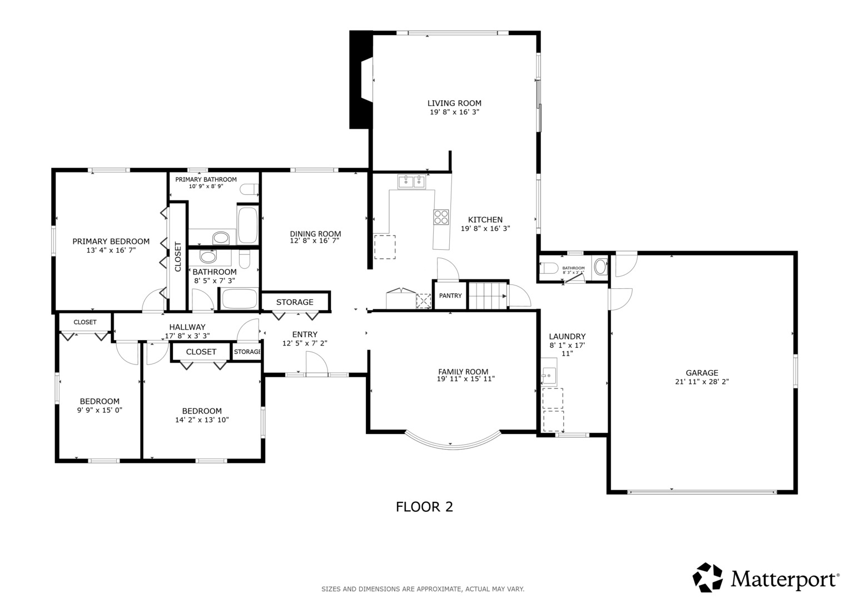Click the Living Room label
pos(454,103)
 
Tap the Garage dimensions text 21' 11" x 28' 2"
pos(702,382)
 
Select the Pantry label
pos(450,295)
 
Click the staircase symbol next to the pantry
pos(488,295)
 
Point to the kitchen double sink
pos(411,181)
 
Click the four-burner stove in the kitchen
pos(441,216)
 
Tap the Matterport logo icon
pos(707,577)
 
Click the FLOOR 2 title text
pos(424,507)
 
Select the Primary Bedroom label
pos(111,242)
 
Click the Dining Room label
pos(315,234)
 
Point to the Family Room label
pos(463,372)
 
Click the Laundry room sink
pos(549,376)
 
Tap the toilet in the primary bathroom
pos(249,190)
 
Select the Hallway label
pos(187,327)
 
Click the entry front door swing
pos(316,366)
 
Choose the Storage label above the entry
pos(295,302)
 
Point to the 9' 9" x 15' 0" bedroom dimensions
pos(100,410)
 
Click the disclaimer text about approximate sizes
pos(423,589)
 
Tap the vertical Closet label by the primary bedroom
pos(178,257)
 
